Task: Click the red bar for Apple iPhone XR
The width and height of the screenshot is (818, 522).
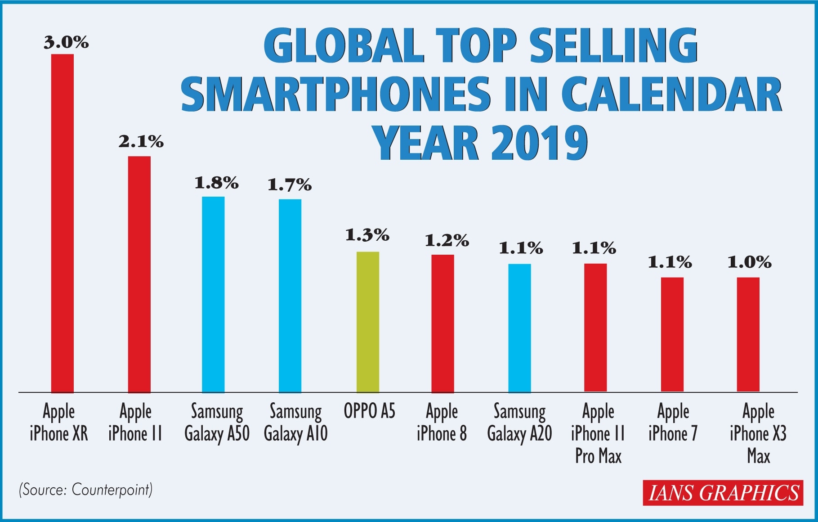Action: click(x=63, y=223)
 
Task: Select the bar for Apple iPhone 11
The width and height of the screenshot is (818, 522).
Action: click(x=139, y=274)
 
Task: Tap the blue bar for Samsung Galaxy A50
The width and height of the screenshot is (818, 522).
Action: click(x=213, y=294)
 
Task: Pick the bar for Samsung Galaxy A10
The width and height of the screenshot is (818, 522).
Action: click(x=290, y=296)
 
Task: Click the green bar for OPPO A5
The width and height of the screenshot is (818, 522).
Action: click(x=368, y=322)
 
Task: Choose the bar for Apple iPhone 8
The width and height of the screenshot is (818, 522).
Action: click(x=443, y=323)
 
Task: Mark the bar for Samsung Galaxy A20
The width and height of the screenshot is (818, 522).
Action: click(x=519, y=328)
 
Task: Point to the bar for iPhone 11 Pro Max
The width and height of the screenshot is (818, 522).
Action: click(x=595, y=328)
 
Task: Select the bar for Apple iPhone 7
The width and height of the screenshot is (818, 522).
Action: click(x=672, y=334)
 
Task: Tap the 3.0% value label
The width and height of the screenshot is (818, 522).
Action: click(x=66, y=42)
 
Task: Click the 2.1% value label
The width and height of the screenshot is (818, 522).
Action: click(x=141, y=142)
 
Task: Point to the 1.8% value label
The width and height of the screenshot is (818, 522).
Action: click(x=216, y=183)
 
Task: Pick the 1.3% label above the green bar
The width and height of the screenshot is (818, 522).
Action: click(x=367, y=235)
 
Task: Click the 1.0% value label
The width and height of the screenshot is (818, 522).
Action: click(x=749, y=262)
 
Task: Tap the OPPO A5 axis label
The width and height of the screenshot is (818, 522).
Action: click(x=369, y=411)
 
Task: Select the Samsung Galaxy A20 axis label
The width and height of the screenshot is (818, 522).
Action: click(x=519, y=423)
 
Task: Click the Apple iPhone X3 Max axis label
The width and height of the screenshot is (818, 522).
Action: click(x=758, y=434)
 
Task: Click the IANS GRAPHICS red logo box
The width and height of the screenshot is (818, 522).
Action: click(x=723, y=493)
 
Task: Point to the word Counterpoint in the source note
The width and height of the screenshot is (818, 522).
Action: click(x=111, y=490)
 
